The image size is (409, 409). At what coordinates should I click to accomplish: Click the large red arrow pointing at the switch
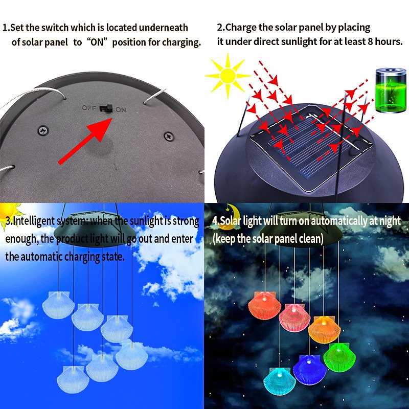click(x=85, y=141)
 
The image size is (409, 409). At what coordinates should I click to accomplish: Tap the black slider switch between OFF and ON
click(x=106, y=108)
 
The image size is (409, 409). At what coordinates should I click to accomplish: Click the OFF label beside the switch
click(x=89, y=108)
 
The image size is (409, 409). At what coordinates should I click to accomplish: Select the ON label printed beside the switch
click(x=121, y=110)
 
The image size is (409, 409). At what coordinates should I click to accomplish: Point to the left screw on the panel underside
click(x=43, y=130)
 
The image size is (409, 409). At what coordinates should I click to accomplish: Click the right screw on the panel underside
click(x=169, y=136)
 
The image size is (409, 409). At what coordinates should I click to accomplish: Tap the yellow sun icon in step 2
click(x=228, y=76)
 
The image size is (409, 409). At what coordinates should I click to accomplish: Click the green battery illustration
click(x=391, y=90)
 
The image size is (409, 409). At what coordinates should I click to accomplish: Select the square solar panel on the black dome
click(x=311, y=147)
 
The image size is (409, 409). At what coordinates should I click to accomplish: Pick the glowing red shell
click(x=264, y=305)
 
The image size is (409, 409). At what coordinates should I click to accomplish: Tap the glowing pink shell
click(x=294, y=317)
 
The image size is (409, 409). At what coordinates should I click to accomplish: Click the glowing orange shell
click(x=324, y=330)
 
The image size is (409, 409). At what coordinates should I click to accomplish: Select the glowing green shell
click(x=339, y=357)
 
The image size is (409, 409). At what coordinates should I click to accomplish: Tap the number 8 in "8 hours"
click(x=370, y=41)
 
